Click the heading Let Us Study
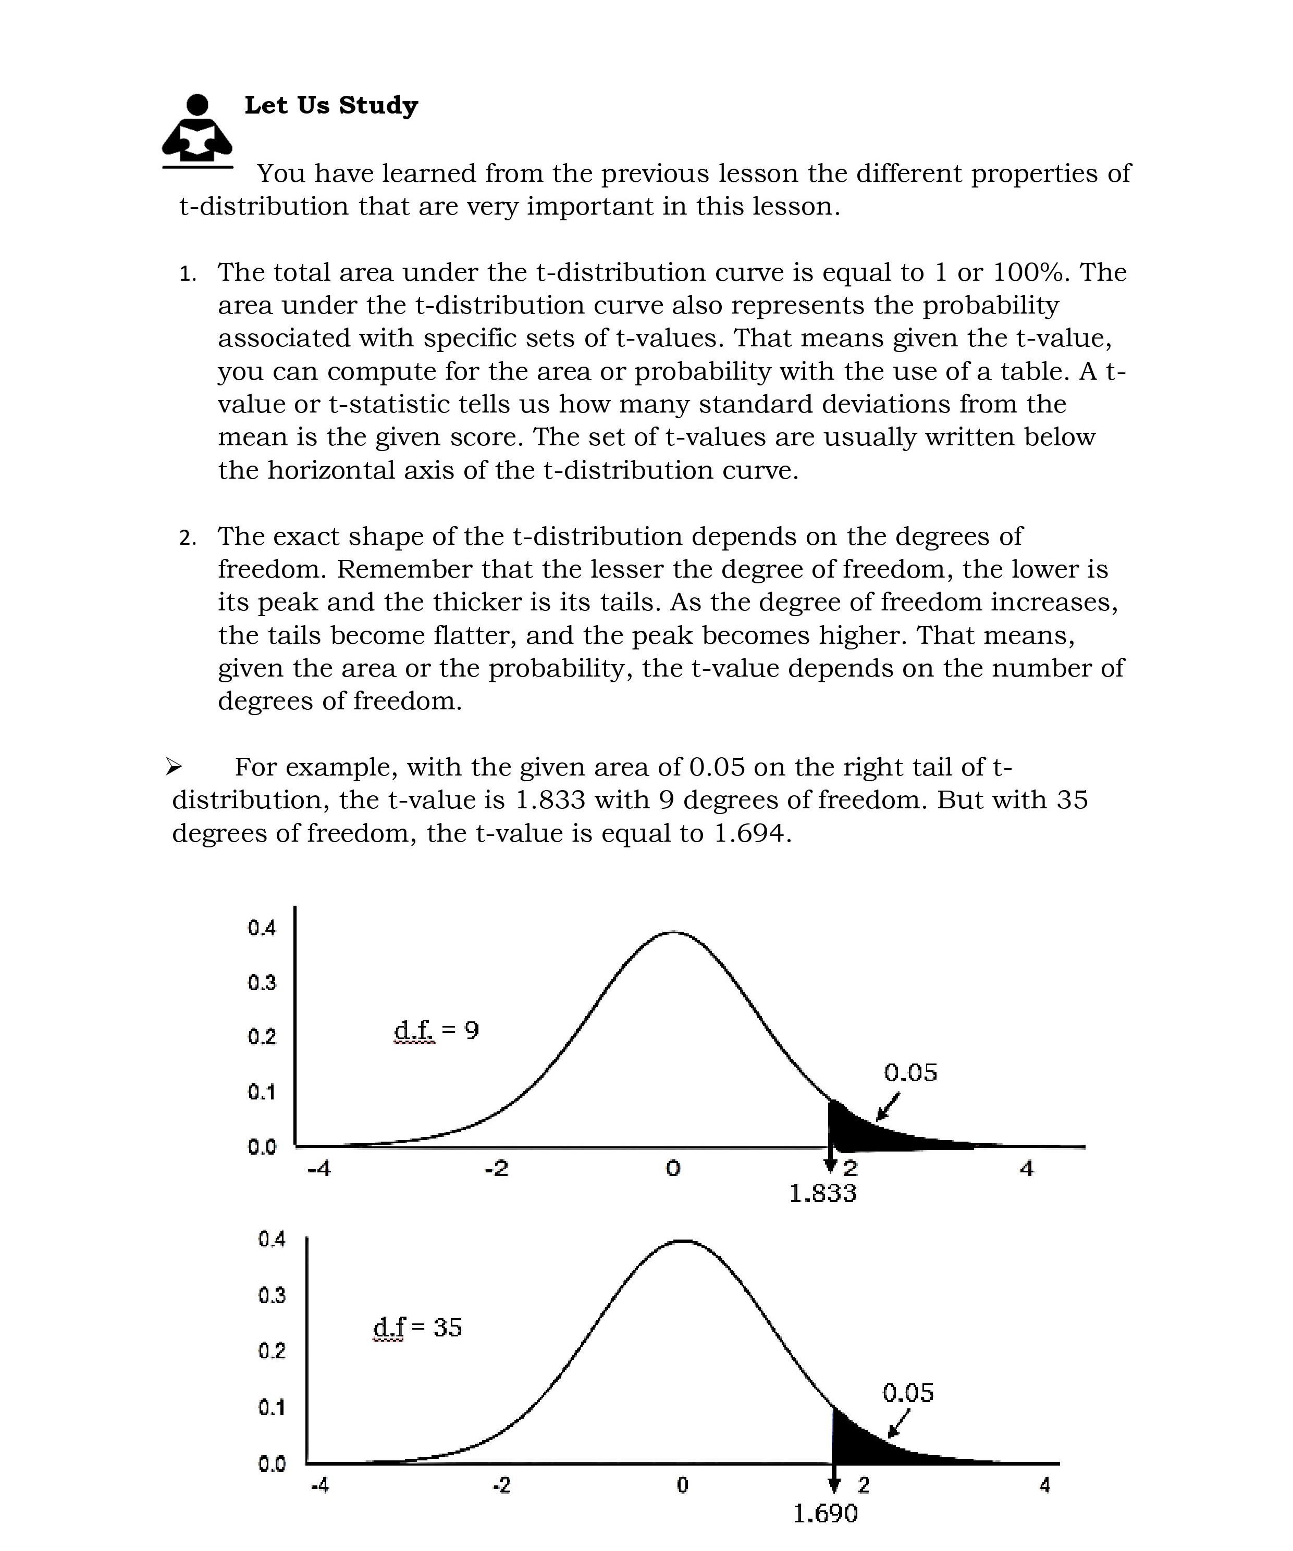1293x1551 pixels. pyautogui.click(x=331, y=105)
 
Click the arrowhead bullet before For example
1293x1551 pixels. pyautogui.click(x=174, y=767)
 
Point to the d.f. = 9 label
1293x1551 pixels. pyautogui.click(x=436, y=1030)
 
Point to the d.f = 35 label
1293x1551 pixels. pyautogui.click(x=417, y=1327)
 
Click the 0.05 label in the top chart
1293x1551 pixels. pyautogui.click(x=910, y=1072)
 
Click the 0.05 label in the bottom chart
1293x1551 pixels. pyautogui.click(x=908, y=1393)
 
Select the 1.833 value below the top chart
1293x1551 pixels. pyautogui.click(x=822, y=1193)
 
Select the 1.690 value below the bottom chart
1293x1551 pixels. pyautogui.click(x=826, y=1514)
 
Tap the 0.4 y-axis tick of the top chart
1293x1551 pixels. pyautogui.click(x=262, y=928)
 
